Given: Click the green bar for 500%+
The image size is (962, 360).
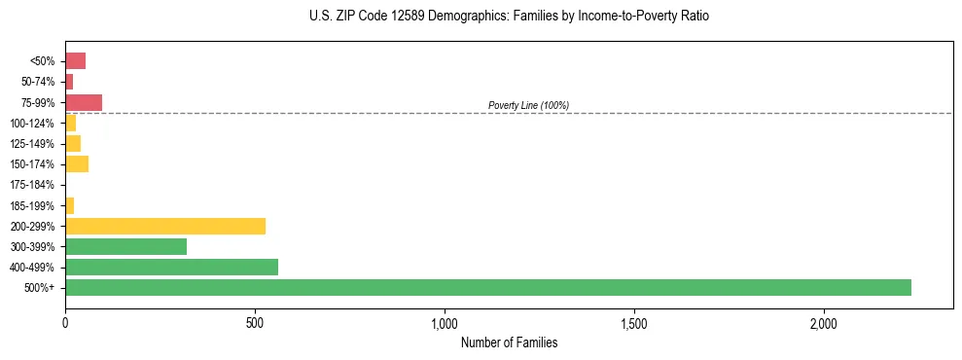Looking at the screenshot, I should (x=487, y=287).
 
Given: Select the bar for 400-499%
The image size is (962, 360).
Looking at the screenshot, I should (x=171, y=267).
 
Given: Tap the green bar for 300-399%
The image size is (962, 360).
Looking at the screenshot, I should (x=125, y=246).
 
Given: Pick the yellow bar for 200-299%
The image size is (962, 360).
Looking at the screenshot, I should (x=165, y=226).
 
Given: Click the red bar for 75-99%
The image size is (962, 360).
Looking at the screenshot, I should (x=84, y=102).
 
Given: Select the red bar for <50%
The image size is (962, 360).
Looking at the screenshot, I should (x=75, y=61).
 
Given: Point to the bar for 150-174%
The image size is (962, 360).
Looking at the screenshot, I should (x=77, y=163).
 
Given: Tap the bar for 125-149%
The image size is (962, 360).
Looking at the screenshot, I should (x=73, y=143).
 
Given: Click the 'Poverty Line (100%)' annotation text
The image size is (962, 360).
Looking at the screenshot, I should (x=528, y=105).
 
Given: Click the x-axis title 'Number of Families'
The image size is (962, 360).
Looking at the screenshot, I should (x=509, y=342).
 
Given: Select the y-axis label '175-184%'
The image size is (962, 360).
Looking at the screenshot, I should (x=32, y=185).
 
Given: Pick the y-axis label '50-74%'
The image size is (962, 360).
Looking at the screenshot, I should (x=38, y=82).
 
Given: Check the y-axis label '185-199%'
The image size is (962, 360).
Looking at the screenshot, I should (x=32, y=205).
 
